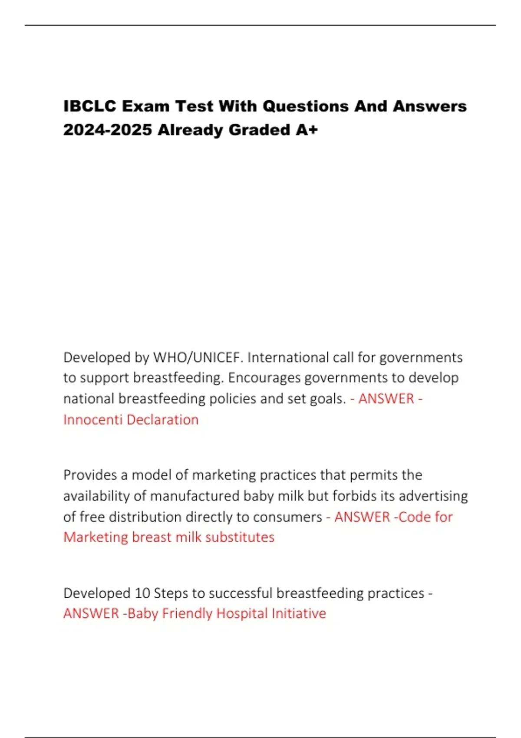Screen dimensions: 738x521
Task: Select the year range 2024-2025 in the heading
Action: click(x=107, y=130)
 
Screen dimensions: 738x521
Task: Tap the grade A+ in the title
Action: click(x=307, y=130)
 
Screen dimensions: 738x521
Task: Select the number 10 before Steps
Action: click(x=142, y=593)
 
